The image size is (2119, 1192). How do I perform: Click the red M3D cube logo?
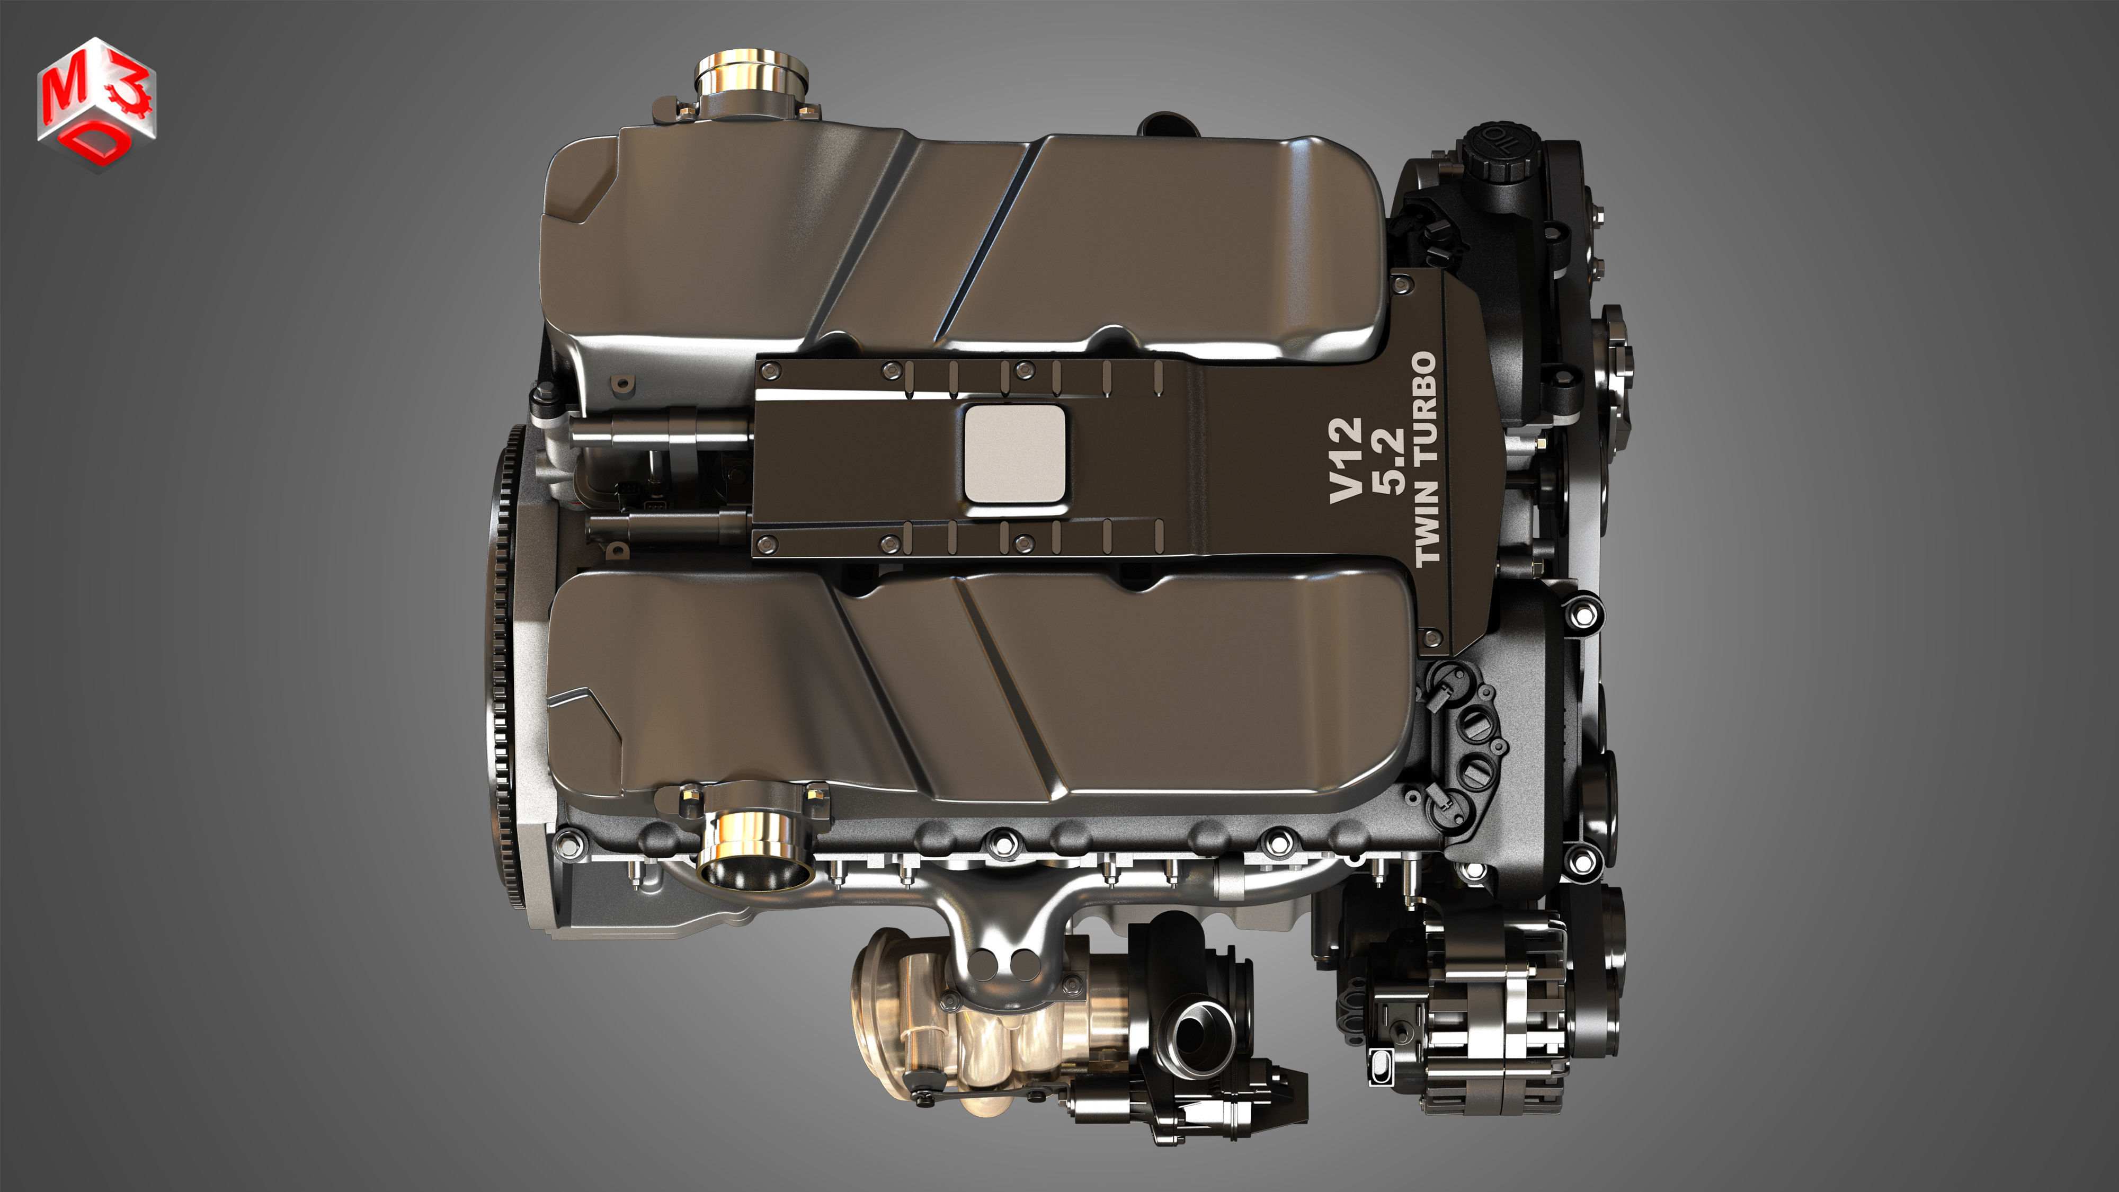tap(96, 103)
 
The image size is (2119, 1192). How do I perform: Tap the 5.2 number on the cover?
tap(1388, 461)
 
